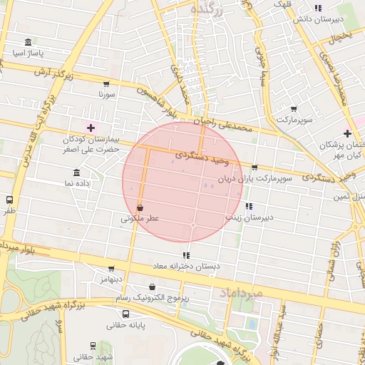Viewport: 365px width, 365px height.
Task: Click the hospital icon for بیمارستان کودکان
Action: click(91, 127)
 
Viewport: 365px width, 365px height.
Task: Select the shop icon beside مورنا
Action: click(106, 83)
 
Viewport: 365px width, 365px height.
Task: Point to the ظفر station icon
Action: click(9, 200)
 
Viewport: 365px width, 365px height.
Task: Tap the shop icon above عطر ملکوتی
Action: click(140, 207)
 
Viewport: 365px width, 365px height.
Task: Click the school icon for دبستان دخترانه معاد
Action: click(187, 255)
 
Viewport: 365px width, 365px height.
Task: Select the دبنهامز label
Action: click(110, 277)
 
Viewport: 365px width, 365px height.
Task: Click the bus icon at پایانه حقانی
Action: click(126, 314)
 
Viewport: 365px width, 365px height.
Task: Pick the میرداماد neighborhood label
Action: click(242, 293)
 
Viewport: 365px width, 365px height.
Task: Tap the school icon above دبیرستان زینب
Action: click(248, 206)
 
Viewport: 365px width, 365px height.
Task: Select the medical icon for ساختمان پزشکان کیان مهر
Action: click(347, 133)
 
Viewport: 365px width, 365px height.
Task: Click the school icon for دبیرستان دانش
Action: click(317, 9)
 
